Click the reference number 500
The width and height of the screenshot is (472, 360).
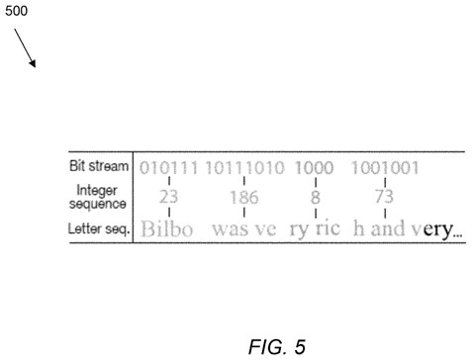click(x=16, y=11)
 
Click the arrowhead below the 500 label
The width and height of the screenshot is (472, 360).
click(x=33, y=62)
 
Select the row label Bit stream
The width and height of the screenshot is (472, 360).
click(x=99, y=166)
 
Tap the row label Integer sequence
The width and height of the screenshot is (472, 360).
click(x=97, y=197)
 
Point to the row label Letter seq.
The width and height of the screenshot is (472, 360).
click(x=98, y=228)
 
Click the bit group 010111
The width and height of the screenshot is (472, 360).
click(x=168, y=168)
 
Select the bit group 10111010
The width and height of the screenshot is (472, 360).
click(x=244, y=168)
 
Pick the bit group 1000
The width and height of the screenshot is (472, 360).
click(x=314, y=168)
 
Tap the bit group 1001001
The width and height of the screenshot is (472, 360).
click(x=385, y=168)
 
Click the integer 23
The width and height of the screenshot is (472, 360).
click(x=168, y=197)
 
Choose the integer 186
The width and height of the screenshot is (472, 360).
click(x=244, y=197)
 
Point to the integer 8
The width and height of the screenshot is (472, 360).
click(x=316, y=197)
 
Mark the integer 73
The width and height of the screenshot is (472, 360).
click(x=384, y=197)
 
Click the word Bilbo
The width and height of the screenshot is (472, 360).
click(x=167, y=228)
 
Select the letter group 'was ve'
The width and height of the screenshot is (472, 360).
click(x=244, y=228)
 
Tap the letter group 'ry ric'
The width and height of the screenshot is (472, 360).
click(x=315, y=228)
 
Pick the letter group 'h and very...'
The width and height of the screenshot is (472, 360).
click(x=408, y=228)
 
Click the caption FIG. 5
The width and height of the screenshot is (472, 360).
click(x=277, y=347)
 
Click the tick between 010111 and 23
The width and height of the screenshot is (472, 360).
click(x=169, y=181)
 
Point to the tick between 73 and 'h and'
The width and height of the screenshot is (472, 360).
click(x=385, y=213)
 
